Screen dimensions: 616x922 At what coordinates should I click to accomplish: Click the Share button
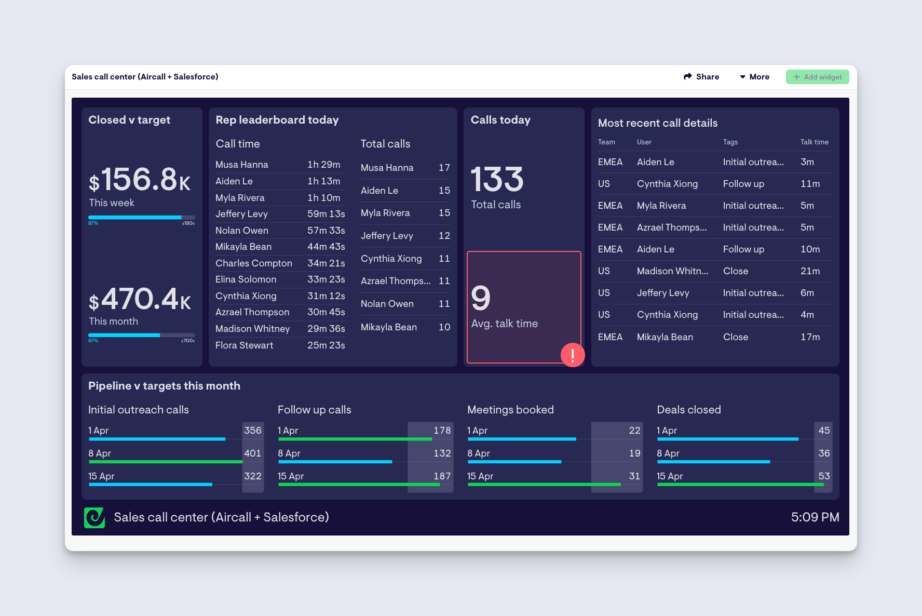point(701,77)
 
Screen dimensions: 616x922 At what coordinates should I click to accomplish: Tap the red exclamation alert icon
point(573,355)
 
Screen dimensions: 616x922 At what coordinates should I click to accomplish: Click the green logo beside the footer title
point(94,517)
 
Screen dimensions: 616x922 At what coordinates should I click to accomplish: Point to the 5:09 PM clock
point(815,517)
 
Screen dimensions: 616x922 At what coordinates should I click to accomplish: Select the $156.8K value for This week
point(140,180)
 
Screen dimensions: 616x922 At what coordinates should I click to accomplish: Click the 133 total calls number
point(497,180)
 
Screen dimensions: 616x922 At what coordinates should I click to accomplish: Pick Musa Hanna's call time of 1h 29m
point(323,165)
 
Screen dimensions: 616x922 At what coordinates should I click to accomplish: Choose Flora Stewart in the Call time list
point(244,345)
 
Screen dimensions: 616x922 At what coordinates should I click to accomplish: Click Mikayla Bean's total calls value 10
point(444,327)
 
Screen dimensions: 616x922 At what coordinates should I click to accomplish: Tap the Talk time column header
point(814,142)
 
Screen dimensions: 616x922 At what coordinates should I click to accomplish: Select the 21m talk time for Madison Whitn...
point(810,271)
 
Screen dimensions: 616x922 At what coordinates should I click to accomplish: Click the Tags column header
point(730,142)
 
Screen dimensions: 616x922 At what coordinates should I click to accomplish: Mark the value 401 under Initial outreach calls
point(252,453)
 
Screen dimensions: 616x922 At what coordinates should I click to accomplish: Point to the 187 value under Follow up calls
point(442,476)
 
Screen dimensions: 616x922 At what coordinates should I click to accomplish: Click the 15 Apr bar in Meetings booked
point(544,485)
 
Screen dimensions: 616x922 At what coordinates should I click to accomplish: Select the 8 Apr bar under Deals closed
point(713,462)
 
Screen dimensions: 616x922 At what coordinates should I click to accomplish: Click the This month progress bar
point(141,335)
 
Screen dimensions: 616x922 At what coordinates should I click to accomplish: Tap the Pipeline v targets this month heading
point(164,386)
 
